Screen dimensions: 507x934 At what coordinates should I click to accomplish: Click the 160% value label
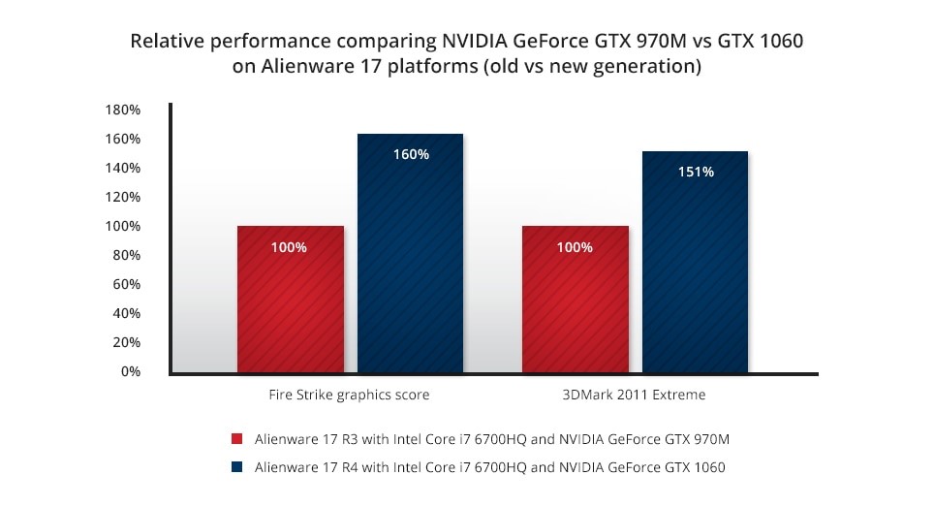pyautogui.click(x=411, y=154)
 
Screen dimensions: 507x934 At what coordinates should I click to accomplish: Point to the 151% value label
pyautogui.click(x=696, y=172)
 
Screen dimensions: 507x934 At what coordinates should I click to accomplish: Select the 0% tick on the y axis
pyautogui.click(x=129, y=371)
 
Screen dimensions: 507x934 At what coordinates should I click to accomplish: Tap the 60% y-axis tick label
pyautogui.click(x=126, y=284)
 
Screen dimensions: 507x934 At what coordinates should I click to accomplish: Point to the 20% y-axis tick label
pyautogui.click(x=126, y=342)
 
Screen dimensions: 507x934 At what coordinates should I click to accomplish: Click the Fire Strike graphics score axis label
pyautogui.click(x=349, y=396)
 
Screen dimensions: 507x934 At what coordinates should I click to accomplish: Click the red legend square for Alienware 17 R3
pyautogui.click(x=236, y=439)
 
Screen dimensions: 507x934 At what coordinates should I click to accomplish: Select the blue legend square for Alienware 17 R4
pyautogui.click(x=236, y=467)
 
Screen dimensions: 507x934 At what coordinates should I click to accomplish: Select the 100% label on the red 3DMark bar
pyautogui.click(x=575, y=247)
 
